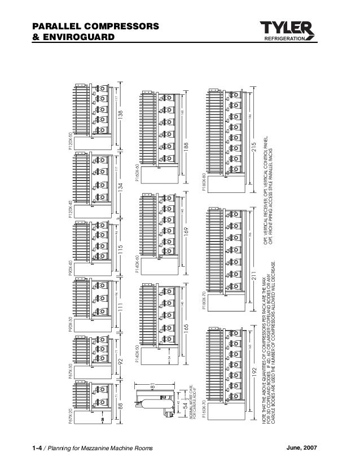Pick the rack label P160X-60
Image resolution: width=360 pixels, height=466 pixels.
coord(137,171)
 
